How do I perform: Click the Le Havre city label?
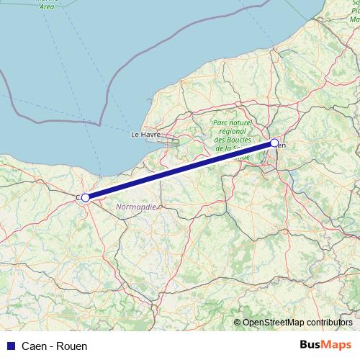[145, 134]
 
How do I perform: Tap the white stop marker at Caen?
[85, 197]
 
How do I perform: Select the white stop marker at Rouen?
[274, 143]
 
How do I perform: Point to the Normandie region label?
[136, 206]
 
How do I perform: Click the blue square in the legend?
[10, 346]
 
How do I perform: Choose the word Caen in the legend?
[35, 346]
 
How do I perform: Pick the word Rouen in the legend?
[72, 346]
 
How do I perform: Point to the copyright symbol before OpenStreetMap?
[238, 323]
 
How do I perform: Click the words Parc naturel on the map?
[231, 123]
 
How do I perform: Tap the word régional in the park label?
[230, 131]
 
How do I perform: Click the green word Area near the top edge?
[47, 6]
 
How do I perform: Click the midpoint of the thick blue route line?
[180, 170]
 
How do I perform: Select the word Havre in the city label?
[150, 134]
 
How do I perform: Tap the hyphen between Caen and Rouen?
[51, 346]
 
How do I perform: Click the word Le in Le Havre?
[134, 134]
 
